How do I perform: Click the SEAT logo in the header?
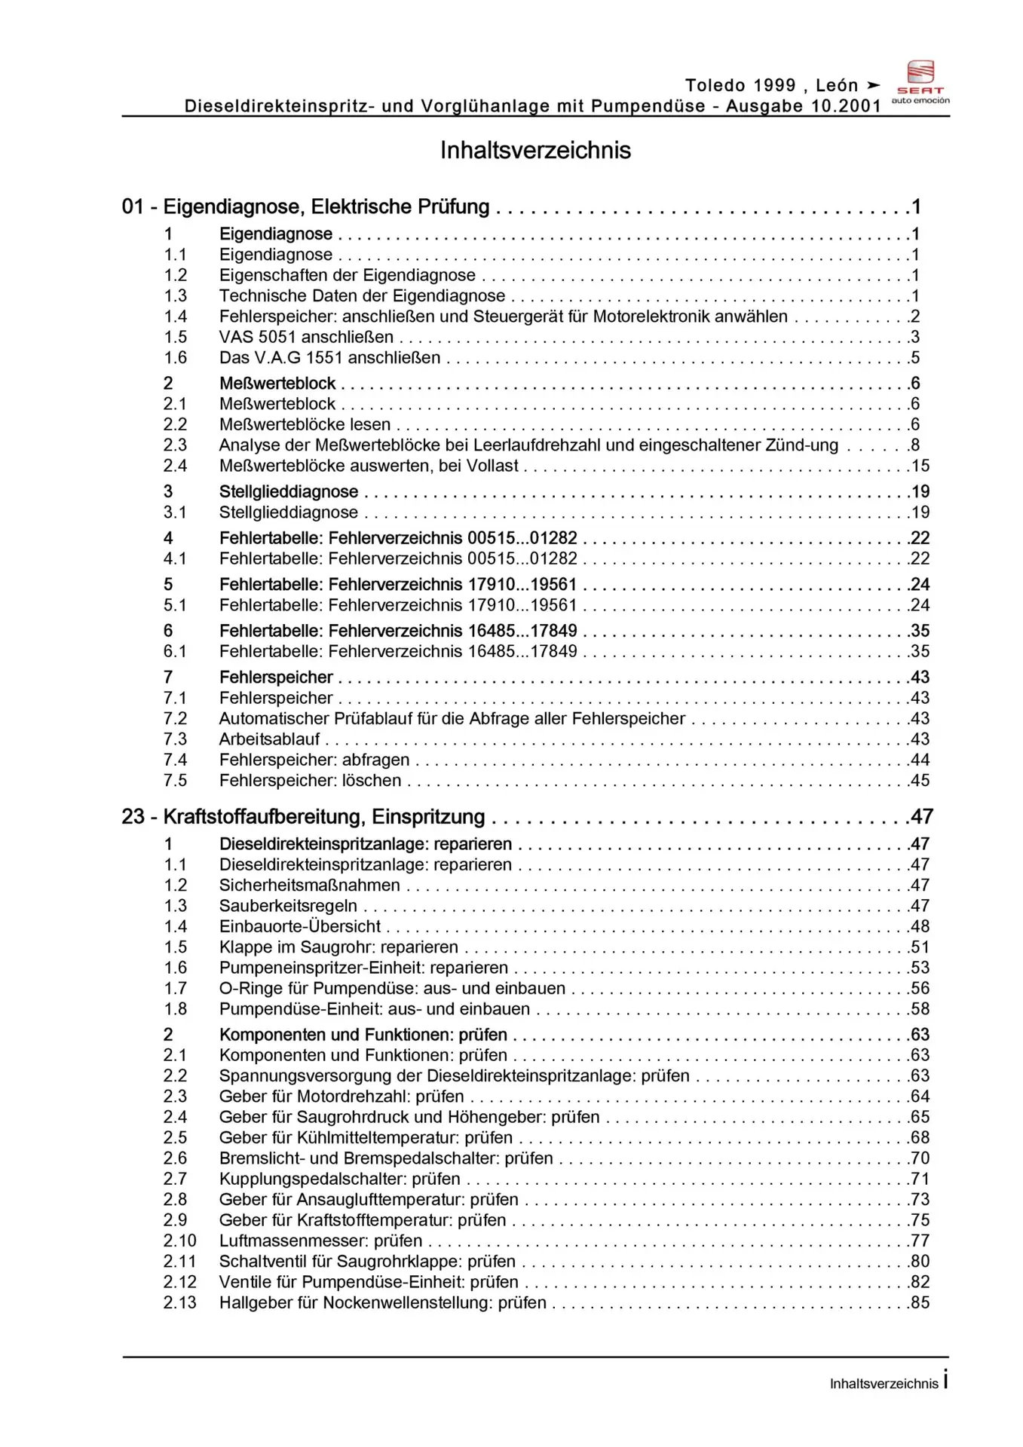920,81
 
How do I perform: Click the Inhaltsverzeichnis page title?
535,150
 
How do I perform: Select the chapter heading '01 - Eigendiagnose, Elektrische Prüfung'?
305,206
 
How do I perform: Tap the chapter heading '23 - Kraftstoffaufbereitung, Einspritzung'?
303,817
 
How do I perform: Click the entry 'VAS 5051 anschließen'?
306,337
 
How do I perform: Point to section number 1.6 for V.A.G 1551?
176,358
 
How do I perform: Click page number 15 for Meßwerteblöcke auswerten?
920,466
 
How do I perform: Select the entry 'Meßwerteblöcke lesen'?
305,424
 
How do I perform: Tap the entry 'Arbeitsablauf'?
269,739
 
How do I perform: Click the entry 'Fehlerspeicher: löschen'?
310,781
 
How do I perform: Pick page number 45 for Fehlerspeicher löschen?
920,781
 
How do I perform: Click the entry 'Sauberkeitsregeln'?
288,906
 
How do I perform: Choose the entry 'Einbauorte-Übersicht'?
299,926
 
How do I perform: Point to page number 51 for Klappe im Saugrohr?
920,947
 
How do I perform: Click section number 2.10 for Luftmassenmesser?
179,1241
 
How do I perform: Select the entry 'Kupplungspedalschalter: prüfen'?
339,1179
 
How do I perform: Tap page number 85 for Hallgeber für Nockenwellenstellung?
920,1302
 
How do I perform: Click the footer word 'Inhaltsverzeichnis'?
884,1384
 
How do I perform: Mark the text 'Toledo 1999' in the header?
740,85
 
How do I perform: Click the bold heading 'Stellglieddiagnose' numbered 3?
289,492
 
